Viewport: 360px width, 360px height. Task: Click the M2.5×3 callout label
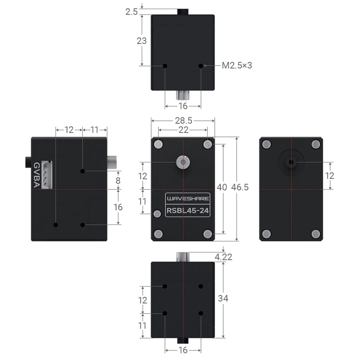[237, 65]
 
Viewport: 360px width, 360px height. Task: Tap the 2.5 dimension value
[131, 12]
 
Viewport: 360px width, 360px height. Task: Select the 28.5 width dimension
[183, 121]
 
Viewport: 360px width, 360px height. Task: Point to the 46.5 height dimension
[240, 187]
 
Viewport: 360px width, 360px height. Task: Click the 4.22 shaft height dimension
[223, 257]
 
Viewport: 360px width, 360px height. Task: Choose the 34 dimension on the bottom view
[223, 298]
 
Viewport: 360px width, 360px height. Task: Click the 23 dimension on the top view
[142, 40]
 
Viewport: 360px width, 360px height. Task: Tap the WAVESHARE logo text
[188, 199]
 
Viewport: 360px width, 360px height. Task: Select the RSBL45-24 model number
[187, 211]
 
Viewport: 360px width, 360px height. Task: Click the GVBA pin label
[36, 175]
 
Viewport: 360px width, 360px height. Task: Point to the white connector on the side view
[47, 175]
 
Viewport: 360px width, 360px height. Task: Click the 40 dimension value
[222, 187]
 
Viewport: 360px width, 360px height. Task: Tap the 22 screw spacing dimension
[183, 130]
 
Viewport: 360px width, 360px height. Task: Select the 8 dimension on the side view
[118, 180]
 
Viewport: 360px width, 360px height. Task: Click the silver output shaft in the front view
[183, 163]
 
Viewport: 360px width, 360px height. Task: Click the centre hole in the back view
[291, 162]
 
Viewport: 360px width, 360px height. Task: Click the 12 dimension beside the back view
[329, 175]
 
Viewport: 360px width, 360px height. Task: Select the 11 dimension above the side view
[94, 130]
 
